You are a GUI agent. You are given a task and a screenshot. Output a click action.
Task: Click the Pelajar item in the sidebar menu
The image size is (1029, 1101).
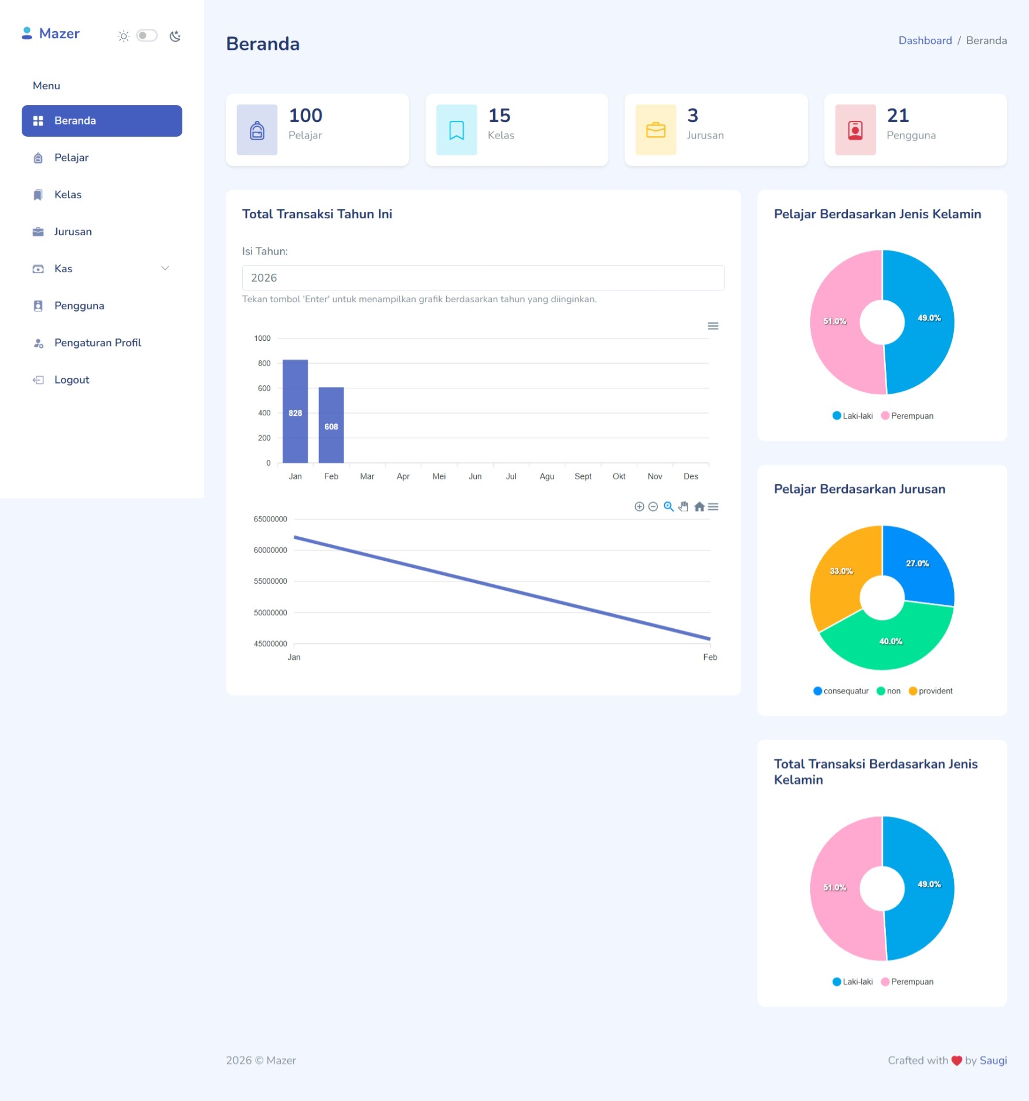pos(72,158)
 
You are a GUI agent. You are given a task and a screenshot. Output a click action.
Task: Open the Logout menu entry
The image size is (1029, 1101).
pos(72,380)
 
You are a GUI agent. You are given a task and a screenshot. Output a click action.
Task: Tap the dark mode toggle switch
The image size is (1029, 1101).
pos(147,36)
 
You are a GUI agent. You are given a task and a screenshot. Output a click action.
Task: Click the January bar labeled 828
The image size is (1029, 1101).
pos(295,411)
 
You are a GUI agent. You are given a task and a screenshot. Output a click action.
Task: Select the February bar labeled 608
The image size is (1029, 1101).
pos(331,425)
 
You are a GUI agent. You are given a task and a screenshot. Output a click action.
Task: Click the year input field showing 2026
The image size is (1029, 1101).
pos(483,278)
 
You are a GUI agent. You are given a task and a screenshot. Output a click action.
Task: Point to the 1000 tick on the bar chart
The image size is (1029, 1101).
pos(262,338)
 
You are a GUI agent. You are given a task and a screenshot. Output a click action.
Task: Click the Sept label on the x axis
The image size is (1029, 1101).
pos(583,477)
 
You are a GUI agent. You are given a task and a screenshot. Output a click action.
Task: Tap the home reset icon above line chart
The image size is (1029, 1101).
pos(699,507)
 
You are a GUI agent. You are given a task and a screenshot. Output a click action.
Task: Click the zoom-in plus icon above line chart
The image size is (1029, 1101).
pos(639,507)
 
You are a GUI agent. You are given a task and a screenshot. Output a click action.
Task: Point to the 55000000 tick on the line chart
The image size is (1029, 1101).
pos(270,581)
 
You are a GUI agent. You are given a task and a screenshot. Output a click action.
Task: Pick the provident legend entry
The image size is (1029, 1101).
pos(935,691)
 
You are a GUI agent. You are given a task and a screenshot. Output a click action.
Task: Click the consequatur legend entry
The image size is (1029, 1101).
pos(845,691)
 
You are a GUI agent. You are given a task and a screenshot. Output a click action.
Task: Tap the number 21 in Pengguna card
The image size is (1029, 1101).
pos(898,116)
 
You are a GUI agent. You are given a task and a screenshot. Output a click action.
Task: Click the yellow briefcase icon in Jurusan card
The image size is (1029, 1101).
pos(656,130)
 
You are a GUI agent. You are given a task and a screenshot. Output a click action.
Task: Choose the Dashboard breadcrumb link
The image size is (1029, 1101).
pos(925,40)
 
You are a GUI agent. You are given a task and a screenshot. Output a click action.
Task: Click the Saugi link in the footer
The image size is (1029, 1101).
pos(993,1061)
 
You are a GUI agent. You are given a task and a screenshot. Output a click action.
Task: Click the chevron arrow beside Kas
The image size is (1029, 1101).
pos(165,269)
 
